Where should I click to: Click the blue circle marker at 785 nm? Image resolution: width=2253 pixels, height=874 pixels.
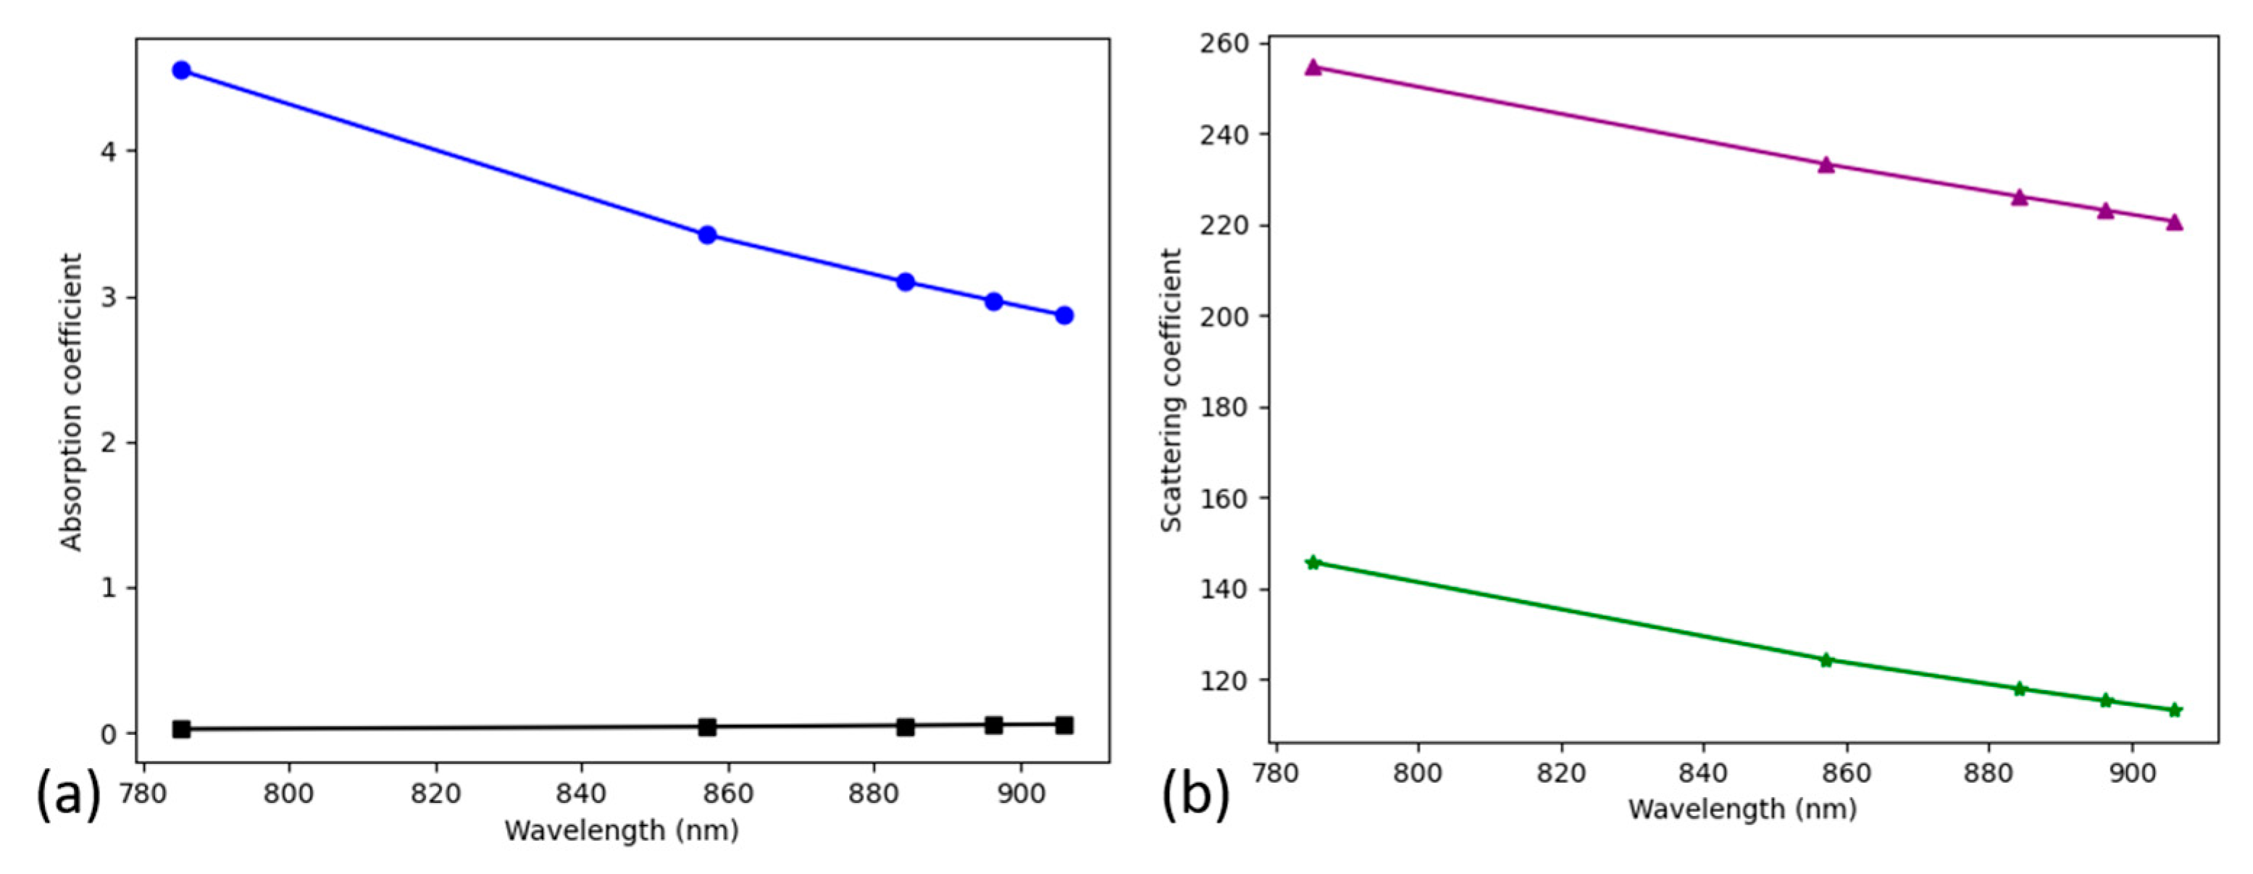[x=181, y=70]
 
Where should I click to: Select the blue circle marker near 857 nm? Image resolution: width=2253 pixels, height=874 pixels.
[x=708, y=235]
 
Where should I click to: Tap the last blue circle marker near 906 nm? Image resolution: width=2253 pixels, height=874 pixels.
[x=1064, y=315]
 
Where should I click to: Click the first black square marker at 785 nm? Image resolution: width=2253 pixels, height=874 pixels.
[x=181, y=729]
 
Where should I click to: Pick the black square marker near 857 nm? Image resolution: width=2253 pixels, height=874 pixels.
[x=708, y=726]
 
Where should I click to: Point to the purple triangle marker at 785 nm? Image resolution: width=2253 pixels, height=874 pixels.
[x=1313, y=67]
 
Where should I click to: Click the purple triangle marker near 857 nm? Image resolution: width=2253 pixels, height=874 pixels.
[x=1826, y=165]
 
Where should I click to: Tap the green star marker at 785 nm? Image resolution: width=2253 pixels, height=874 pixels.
[x=1313, y=562]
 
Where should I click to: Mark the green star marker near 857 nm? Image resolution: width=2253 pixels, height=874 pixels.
[x=1826, y=659]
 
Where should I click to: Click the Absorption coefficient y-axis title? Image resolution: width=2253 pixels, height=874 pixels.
[x=71, y=402]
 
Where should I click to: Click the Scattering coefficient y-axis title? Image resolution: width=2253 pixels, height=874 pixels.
[x=1171, y=390]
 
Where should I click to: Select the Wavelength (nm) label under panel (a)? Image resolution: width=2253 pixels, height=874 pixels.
[x=622, y=829]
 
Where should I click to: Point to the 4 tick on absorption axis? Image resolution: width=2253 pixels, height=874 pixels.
[x=107, y=151]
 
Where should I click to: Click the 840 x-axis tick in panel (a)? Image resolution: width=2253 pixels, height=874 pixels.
[x=582, y=794]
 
